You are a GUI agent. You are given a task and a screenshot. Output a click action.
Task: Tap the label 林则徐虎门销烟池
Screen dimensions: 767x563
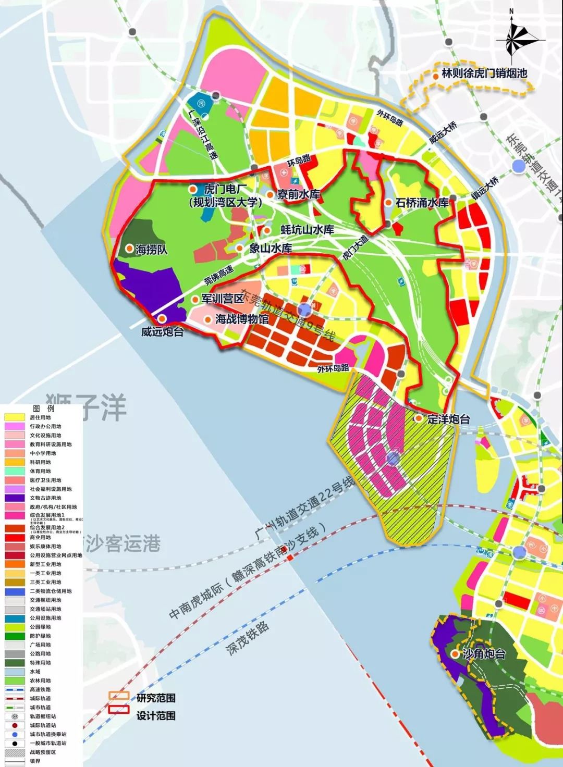(484, 73)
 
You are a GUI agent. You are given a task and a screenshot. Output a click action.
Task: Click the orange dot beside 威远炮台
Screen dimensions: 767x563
(162, 319)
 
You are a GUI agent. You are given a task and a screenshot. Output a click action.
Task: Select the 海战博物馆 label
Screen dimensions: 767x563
(242, 319)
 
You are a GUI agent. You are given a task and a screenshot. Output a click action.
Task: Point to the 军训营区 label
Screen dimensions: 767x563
(223, 299)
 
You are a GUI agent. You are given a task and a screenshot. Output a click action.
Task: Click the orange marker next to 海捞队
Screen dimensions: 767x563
(129, 249)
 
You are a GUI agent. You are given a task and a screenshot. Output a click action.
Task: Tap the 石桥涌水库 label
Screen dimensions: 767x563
(422, 203)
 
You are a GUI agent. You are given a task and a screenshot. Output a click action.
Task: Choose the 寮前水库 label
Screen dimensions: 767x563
(298, 194)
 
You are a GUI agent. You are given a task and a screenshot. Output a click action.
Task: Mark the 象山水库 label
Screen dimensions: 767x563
(270, 249)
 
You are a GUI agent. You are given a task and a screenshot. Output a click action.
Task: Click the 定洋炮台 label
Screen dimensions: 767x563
(448, 418)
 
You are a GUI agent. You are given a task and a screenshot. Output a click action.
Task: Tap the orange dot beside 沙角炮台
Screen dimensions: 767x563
(456, 653)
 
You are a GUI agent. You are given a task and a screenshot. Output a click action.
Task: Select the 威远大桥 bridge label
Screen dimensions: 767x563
(443, 132)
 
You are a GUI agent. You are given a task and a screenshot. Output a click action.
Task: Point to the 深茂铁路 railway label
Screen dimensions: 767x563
(248, 638)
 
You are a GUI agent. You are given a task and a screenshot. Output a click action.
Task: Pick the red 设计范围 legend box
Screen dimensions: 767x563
(118, 710)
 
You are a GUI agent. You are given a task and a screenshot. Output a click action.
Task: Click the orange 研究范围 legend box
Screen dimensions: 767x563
(118, 696)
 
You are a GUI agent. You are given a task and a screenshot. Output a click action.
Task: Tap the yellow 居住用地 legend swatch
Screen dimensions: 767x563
(14, 417)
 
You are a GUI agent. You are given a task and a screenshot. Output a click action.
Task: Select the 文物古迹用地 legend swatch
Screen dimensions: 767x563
(14, 498)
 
